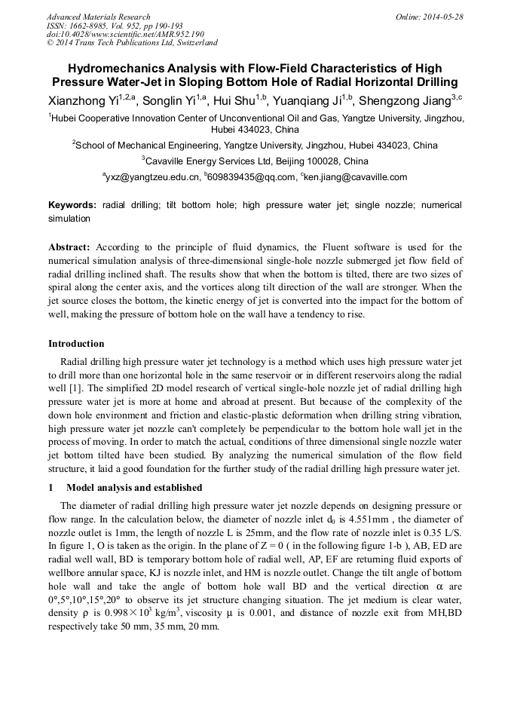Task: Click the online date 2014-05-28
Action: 442,17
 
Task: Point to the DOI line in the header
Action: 125,34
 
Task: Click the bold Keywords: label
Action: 72,205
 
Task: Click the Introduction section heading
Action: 76,344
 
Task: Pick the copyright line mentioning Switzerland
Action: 133,43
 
